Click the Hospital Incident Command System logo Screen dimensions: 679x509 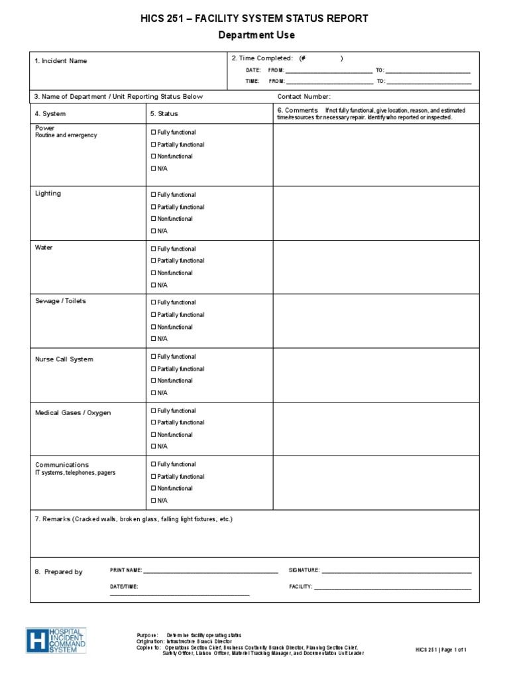56,641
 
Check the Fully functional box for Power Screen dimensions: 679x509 153,133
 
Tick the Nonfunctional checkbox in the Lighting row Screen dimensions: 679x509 153,219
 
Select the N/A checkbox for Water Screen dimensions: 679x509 153,285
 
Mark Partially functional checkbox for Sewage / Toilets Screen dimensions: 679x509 153,315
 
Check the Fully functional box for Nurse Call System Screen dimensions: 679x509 153,357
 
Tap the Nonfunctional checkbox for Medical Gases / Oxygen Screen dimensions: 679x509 153,435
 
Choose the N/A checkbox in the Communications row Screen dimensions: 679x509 153,501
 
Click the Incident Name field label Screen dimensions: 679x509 61,61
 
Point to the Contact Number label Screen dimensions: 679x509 304,97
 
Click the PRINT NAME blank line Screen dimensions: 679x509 211,571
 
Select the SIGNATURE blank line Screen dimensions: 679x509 396,571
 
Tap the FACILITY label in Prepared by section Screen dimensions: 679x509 300,587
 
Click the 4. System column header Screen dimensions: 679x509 50,114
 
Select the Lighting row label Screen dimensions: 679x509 48,194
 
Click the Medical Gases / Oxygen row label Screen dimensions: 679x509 73,413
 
